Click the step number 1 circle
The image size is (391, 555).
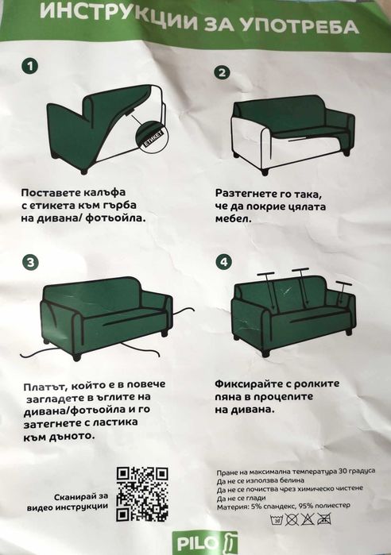pyautogui.click(x=29, y=66)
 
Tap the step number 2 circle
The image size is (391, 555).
pyautogui.click(x=222, y=72)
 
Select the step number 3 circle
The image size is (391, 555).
pyautogui.click(x=30, y=262)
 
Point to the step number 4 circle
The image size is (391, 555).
pyautogui.click(x=224, y=262)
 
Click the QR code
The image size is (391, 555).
pyautogui.click(x=142, y=494)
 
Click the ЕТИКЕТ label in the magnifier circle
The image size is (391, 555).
pyautogui.click(x=153, y=138)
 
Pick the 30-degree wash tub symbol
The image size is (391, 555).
pyautogui.click(x=277, y=519)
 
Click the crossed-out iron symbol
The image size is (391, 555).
pyautogui.click(x=323, y=519)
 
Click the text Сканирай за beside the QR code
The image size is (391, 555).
pyautogui.click(x=81, y=497)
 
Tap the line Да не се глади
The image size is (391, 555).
pyautogui.click(x=241, y=498)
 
